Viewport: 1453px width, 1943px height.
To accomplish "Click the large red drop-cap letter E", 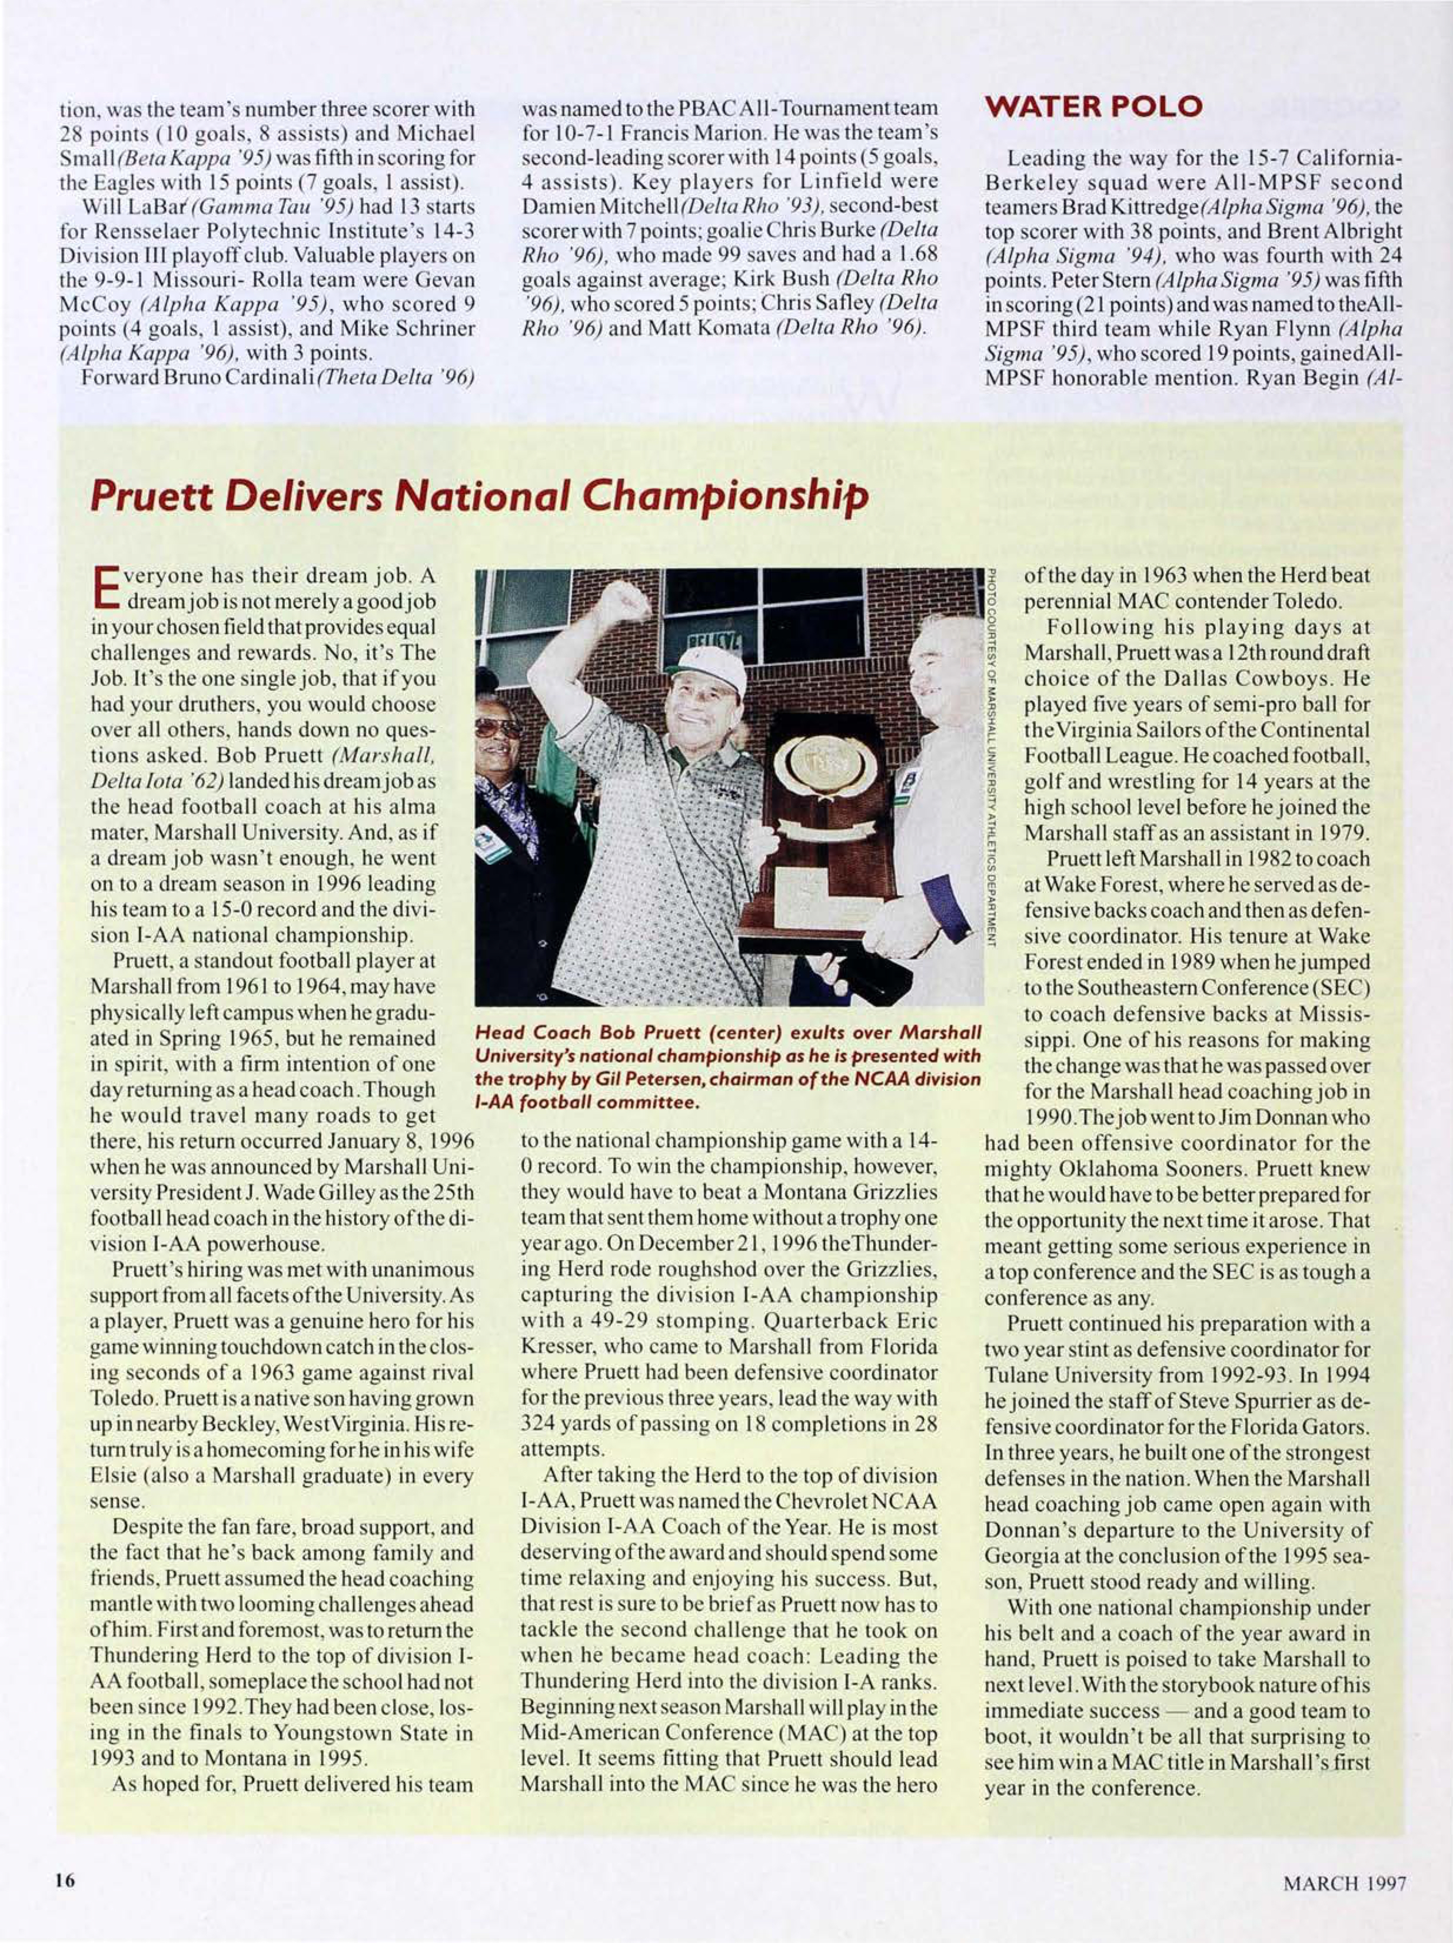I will tap(105, 589).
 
